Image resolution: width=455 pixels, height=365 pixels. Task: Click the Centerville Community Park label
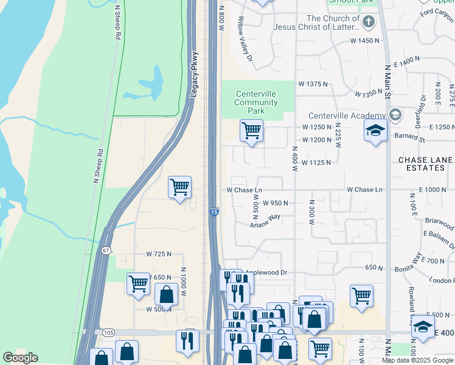(256, 103)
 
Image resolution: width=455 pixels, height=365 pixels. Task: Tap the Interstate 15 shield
(214, 212)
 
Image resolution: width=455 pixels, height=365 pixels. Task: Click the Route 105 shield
(109, 332)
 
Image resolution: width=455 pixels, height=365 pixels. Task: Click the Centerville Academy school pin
(395, 115)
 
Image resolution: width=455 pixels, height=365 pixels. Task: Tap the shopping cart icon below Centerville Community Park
(251, 130)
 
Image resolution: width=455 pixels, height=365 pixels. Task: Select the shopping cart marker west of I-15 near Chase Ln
(179, 187)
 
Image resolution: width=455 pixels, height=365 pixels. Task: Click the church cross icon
(368, 23)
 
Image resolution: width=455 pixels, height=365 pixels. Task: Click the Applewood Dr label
(266, 273)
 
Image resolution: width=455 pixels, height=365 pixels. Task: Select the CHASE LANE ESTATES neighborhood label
(425, 164)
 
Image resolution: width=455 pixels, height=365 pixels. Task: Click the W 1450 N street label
(365, 40)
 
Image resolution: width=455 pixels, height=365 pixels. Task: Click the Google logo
(20, 358)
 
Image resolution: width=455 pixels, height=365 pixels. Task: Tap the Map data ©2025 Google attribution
(417, 360)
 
